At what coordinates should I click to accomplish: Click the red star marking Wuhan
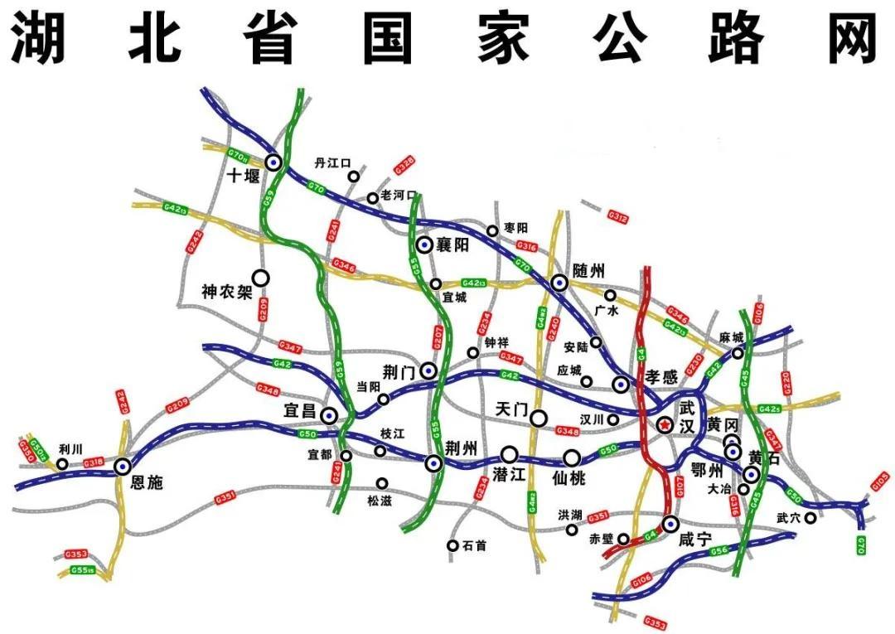665,424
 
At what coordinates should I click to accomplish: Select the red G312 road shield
617,216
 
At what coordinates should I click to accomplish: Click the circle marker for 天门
539,418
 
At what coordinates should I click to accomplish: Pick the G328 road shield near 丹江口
404,165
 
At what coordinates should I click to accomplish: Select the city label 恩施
148,482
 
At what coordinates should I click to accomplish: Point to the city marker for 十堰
273,162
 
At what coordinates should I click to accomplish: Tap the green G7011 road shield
239,155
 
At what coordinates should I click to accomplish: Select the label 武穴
787,518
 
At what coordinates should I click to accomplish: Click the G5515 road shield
81,569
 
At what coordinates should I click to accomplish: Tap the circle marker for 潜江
510,455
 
